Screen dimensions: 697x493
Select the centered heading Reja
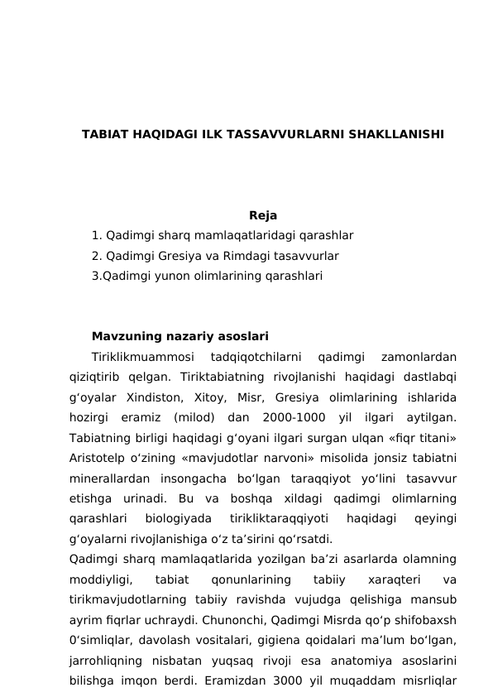point(262,217)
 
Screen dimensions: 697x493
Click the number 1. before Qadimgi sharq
point(98,236)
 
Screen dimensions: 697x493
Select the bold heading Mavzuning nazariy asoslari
point(179,337)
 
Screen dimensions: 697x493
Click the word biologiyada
point(177,519)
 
